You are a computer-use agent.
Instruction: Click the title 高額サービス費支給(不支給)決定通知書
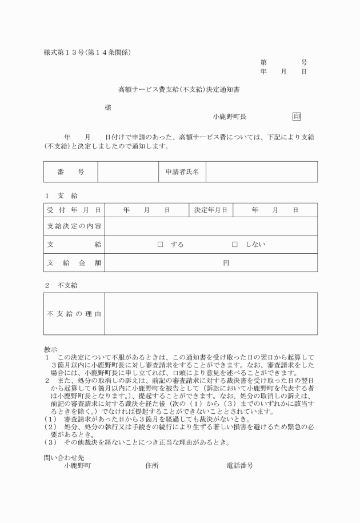pos(179,90)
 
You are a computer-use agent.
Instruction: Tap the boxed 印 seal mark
pos(297,117)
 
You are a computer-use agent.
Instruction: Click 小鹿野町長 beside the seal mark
pos(230,117)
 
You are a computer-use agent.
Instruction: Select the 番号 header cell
pos(71,171)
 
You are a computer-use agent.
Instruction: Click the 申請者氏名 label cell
pos(182,171)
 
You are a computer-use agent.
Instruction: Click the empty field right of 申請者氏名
pos(261,171)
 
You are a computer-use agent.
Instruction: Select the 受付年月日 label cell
pos(74,210)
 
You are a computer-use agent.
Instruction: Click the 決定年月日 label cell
pos(211,210)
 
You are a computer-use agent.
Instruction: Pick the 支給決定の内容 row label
pos(74,226)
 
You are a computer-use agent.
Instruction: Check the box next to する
pos(161,245)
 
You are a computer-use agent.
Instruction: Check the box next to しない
pos(234,245)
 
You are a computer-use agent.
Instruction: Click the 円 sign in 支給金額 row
pos(226,263)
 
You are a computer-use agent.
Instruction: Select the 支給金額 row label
pos(74,263)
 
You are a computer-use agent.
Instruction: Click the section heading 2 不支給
pos(61,285)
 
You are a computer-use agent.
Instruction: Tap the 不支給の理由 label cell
pos(74,314)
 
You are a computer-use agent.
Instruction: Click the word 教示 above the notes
pos(50,349)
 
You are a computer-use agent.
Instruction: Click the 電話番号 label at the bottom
pos(240,466)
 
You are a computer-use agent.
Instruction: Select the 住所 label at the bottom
pos(152,466)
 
